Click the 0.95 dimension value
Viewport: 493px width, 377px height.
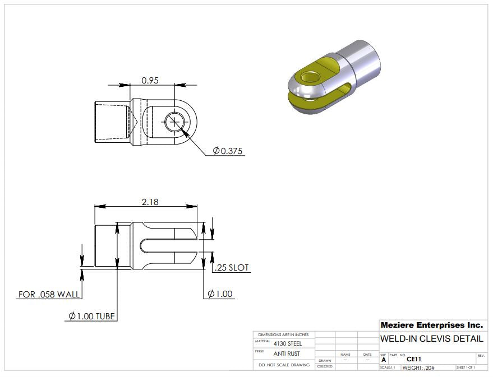(150, 80)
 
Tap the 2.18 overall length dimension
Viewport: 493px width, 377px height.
(150, 202)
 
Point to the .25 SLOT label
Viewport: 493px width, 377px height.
(232, 268)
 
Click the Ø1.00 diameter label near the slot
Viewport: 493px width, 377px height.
(220, 294)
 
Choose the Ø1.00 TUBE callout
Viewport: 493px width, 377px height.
(91, 317)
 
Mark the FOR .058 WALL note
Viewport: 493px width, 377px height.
(49, 294)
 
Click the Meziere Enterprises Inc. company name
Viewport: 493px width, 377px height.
(431, 325)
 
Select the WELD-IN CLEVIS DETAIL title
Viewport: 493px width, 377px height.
(431, 339)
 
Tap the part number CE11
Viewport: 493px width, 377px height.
(414, 359)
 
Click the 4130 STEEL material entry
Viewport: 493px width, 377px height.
(287, 343)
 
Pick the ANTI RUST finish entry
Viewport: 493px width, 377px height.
(286, 353)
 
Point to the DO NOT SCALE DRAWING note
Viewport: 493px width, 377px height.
(284, 365)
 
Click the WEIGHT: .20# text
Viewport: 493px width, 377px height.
(418, 367)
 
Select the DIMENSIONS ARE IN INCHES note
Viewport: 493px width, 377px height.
(284, 334)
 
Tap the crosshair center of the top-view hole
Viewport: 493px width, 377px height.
(175, 122)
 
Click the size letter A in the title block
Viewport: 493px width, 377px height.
(384, 360)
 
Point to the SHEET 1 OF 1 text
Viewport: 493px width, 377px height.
(466, 367)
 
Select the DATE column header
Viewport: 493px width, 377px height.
(367, 355)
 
